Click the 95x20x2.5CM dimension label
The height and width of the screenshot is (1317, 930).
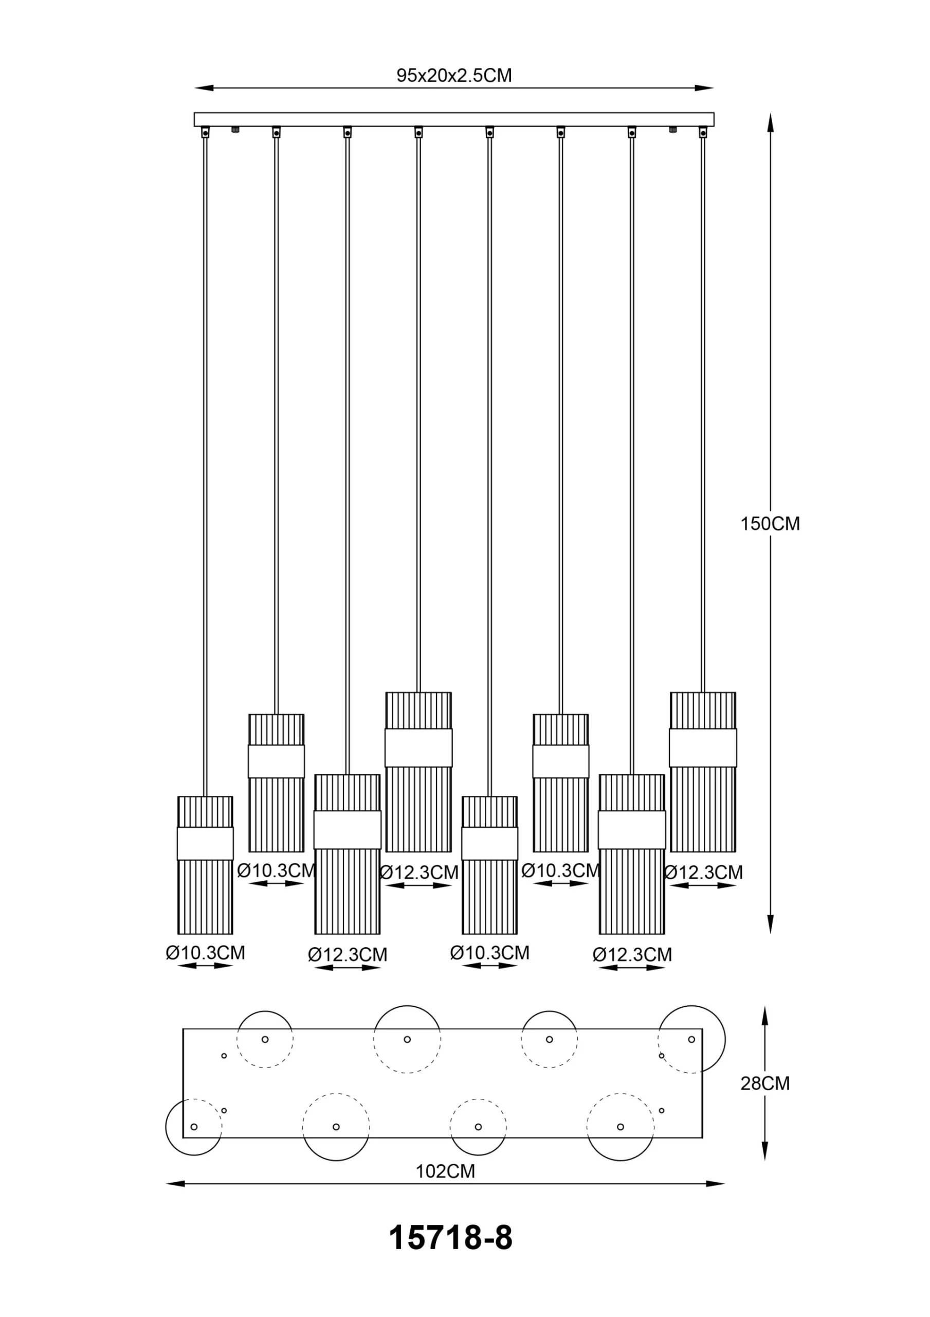pyautogui.click(x=454, y=76)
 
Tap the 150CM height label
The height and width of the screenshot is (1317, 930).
pyautogui.click(x=770, y=524)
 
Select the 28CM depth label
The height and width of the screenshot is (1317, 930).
pyautogui.click(x=765, y=1083)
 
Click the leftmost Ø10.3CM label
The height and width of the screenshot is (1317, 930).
pyautogui.click(x=205, y=953)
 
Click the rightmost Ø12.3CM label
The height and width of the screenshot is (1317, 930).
pyautogui.click(x=703, y=873)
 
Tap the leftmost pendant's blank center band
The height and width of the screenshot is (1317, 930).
pyautogui.click(x=205, y=843)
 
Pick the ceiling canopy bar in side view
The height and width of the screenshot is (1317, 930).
pyautogui.click(x=454, y=119)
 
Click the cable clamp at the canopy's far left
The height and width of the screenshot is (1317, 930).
pyautogui.click(x=205, y=133)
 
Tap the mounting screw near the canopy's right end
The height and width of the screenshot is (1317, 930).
pyautogui.click(x=672, y=130)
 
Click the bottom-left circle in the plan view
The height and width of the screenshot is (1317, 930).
pyautogui.click(x=194, y=1127)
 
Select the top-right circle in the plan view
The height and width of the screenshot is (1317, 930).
pyautogui.click(x=691, y=1039)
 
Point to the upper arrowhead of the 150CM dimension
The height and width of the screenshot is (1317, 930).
pyautogui.click(x=771, y=121)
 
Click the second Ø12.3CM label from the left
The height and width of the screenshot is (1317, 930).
pyautogui.click(x=419, y=873)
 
